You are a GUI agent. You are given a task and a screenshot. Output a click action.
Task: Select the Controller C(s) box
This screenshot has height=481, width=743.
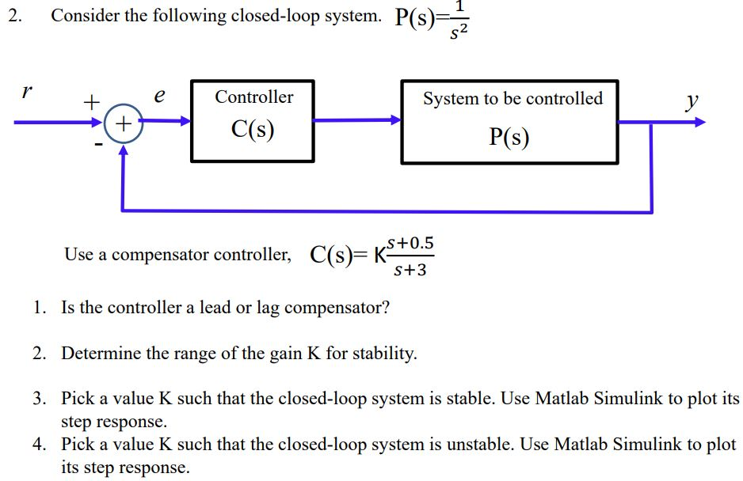(x=253, y=120)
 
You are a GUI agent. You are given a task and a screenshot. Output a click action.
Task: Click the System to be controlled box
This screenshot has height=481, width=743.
(x=509, y=121)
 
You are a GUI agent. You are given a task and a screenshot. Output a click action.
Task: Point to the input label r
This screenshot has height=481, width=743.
(x=27, y=91)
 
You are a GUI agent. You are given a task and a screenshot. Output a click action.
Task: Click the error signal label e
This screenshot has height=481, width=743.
(x=159, y=96)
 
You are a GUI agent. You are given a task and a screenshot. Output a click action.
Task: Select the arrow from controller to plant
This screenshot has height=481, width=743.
(x=357, y=121)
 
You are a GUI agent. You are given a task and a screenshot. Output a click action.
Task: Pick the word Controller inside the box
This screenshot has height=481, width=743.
(x=253, y=97)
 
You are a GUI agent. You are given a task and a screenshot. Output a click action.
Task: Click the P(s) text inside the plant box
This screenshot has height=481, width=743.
(x=509, y=138)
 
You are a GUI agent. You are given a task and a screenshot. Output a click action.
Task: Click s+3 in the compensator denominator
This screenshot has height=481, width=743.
(x=410, y=270)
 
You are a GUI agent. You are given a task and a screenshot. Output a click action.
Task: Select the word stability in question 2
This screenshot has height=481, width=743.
(x=384, y=354)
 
